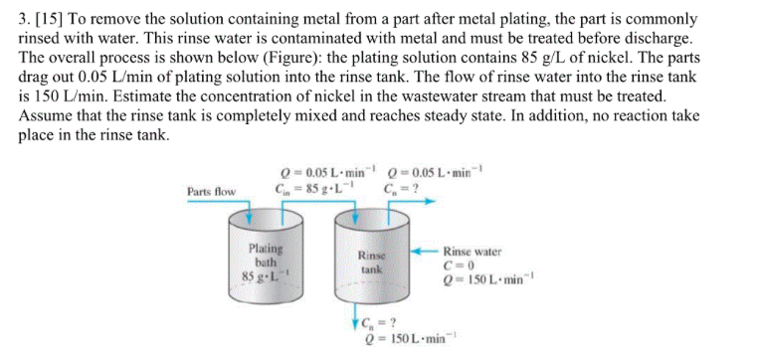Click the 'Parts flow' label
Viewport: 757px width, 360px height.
pyautogui.click(x=211, y=191)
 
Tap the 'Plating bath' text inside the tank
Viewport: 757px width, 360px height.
pyautogui.click(x=266, y=255)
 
